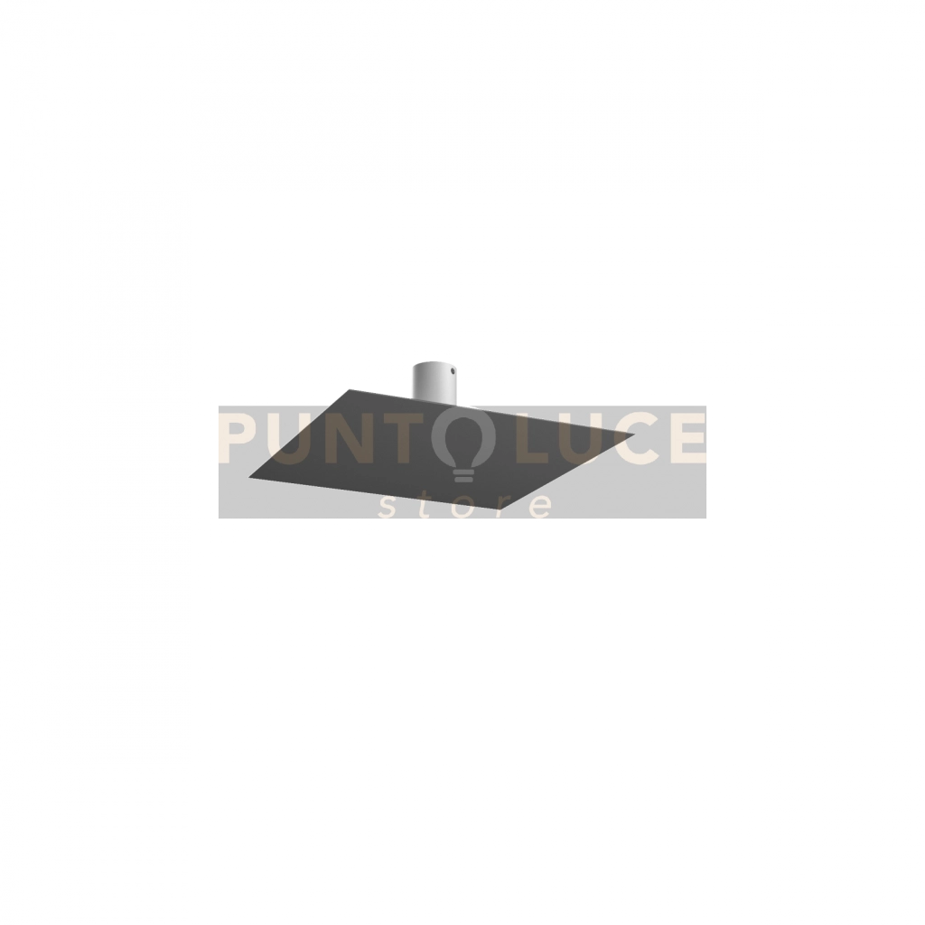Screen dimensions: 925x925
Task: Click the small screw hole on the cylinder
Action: tap(453, 371)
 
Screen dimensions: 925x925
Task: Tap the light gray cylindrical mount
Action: tap(434, 384)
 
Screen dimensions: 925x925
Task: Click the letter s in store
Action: tap(387, 507)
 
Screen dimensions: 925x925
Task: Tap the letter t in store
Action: tap(426, 505)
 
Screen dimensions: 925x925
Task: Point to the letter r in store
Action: tap(502, 507)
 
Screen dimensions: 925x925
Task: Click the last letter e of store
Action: tap(540, 507)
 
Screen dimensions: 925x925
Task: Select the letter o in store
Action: tap(464, 507)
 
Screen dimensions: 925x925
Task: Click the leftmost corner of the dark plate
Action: tap(249, 477)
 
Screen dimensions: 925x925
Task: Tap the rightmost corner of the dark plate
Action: tap(635, 434)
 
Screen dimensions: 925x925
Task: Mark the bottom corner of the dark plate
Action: tap(500, 509)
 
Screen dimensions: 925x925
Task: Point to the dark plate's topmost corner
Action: tap(350, 389)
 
